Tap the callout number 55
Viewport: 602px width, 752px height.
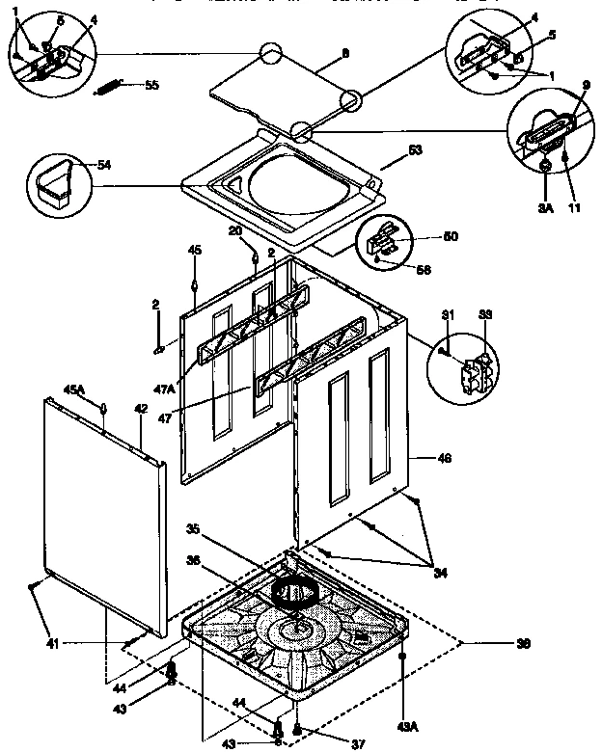pyautogui.click(x=151, y=85)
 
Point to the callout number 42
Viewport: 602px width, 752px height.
pyautogui.click(x=140, y=409)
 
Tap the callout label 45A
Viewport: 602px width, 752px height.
pyautogui.click(x=75, y=389)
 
